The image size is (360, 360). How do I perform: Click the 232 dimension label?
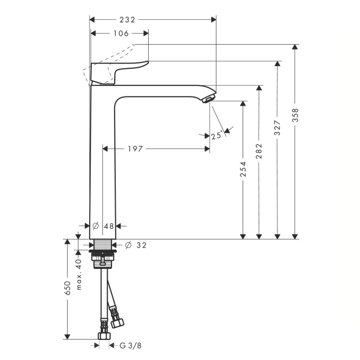(x=127, y=20)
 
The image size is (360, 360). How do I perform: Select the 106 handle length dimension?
(x=121, y=34)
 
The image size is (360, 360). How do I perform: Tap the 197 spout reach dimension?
(x=135, y=149)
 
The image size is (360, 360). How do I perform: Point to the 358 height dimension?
(x=295, y=115)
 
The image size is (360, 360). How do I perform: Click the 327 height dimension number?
(x=277, y=127)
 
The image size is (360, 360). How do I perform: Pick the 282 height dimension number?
(x=259, y=151)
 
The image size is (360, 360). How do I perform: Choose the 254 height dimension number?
(x=243, y=169)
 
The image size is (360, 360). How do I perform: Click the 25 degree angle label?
(x=217, y=135)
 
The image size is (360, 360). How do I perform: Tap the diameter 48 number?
(x=109, y=226)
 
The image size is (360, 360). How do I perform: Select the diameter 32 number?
(x=141, y=245)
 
